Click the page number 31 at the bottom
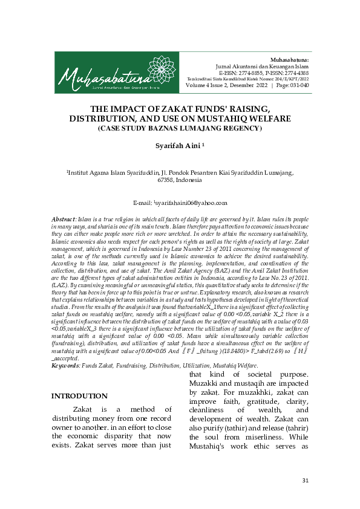(x=305, y=481)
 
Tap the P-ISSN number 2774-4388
(x=293, y=73)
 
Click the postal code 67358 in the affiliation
(x=168, y=180)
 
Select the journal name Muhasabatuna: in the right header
(x=289, y=60)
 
